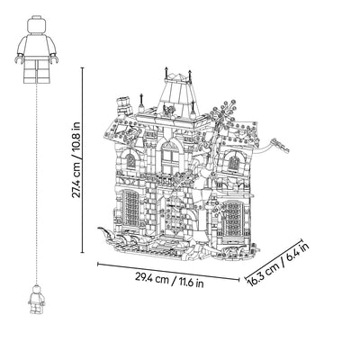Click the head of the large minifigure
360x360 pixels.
pyautogui.click(x=37, y=25)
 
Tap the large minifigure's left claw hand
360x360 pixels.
pyautogui.click(x=19, y=58)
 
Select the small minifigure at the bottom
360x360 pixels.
pyautogui.click(x=37, y=300)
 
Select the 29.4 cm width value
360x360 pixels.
pyautogui.click(x=151, y=278)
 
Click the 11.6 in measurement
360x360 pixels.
pyautogui.click(x=192, y=283)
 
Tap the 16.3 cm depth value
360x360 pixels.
pyautogui.click(x=262, y=274)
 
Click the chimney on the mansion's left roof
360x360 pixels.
pyautogui.click(x=123, y=105)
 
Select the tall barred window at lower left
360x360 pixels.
pyautogui.click(x=131, y=208)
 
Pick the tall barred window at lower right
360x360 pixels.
pyautogui.click(x=232, y=218)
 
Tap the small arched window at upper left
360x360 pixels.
pyautogui.click(x=130, y=161)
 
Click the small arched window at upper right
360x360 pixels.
pyautogui.click(x=234, y=162)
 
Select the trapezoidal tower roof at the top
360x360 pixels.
pyautogui.click(x=177, y=90)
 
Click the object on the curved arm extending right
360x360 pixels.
pyautogui.click(x=280, y=146)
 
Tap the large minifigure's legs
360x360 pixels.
pyautogui.click(x=37, y=71)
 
